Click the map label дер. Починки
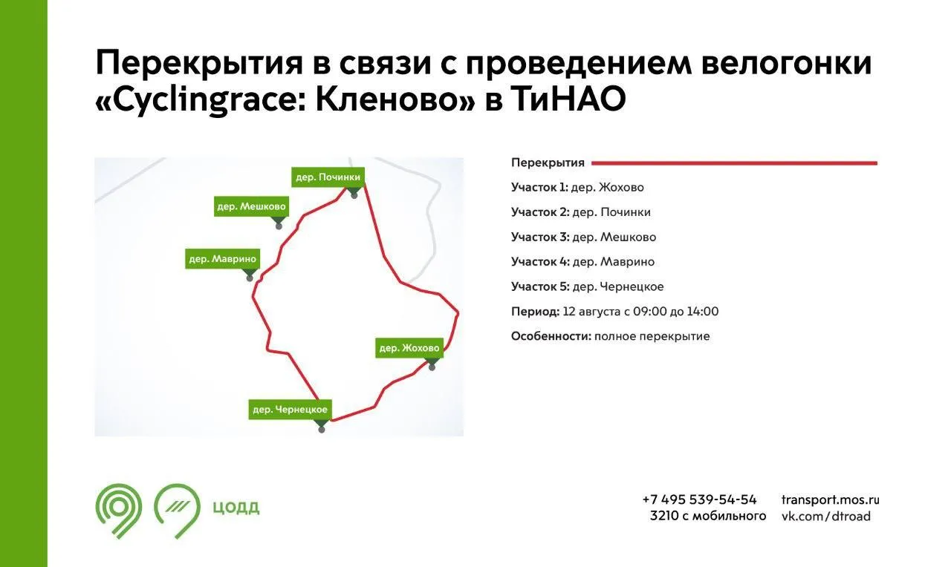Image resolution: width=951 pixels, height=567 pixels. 328,177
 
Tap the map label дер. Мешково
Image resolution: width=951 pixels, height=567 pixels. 251,206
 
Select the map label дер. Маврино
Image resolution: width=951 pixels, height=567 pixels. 222,259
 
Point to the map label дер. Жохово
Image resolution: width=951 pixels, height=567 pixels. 409,348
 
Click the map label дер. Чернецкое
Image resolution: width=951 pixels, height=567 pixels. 290,410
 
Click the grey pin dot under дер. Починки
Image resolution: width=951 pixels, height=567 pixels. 354,196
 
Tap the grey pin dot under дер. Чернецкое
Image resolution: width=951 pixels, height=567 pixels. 322,430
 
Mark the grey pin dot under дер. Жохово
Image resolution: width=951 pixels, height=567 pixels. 432,367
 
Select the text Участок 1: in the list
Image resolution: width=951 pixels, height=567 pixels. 539,188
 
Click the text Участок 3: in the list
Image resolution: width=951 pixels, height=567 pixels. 540,237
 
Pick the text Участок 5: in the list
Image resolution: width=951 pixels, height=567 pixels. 540,286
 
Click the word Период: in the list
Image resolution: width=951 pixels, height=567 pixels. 536,312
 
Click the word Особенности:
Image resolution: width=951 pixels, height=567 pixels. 551,336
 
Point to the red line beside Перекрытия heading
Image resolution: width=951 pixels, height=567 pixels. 735,163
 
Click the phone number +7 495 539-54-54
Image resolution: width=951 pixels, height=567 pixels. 699,499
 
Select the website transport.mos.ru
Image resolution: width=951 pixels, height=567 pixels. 831,499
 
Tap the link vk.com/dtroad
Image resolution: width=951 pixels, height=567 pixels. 826,516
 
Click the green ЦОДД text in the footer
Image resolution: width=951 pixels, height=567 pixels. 236,507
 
